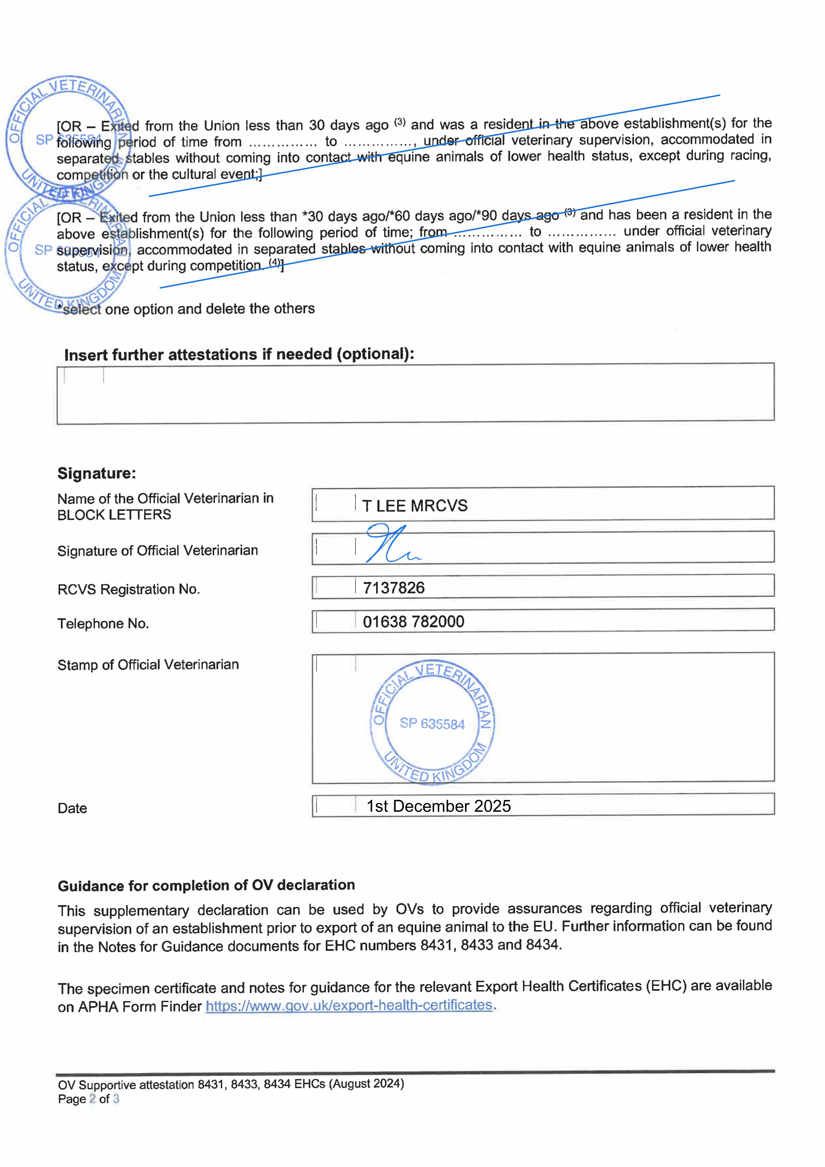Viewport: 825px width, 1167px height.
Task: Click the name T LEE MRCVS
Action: tap(414, 506)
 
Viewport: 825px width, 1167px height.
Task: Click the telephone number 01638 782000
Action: tap(413, 622)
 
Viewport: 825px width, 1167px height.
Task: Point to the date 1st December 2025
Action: tap(438, 806)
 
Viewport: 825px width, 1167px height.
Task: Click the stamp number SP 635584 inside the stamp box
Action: tap(432, 724)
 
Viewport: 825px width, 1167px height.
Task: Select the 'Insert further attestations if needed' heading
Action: tap(239, 354)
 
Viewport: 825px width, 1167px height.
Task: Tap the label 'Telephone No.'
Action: tap(103, 624)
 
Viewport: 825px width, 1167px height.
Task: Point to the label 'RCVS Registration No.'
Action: tap(129, 589)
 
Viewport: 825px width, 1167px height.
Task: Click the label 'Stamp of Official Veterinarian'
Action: tap(148, 665)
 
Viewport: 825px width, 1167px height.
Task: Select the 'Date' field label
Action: tap(72, 808)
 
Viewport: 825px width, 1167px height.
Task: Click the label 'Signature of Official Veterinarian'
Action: tap(158, 550)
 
